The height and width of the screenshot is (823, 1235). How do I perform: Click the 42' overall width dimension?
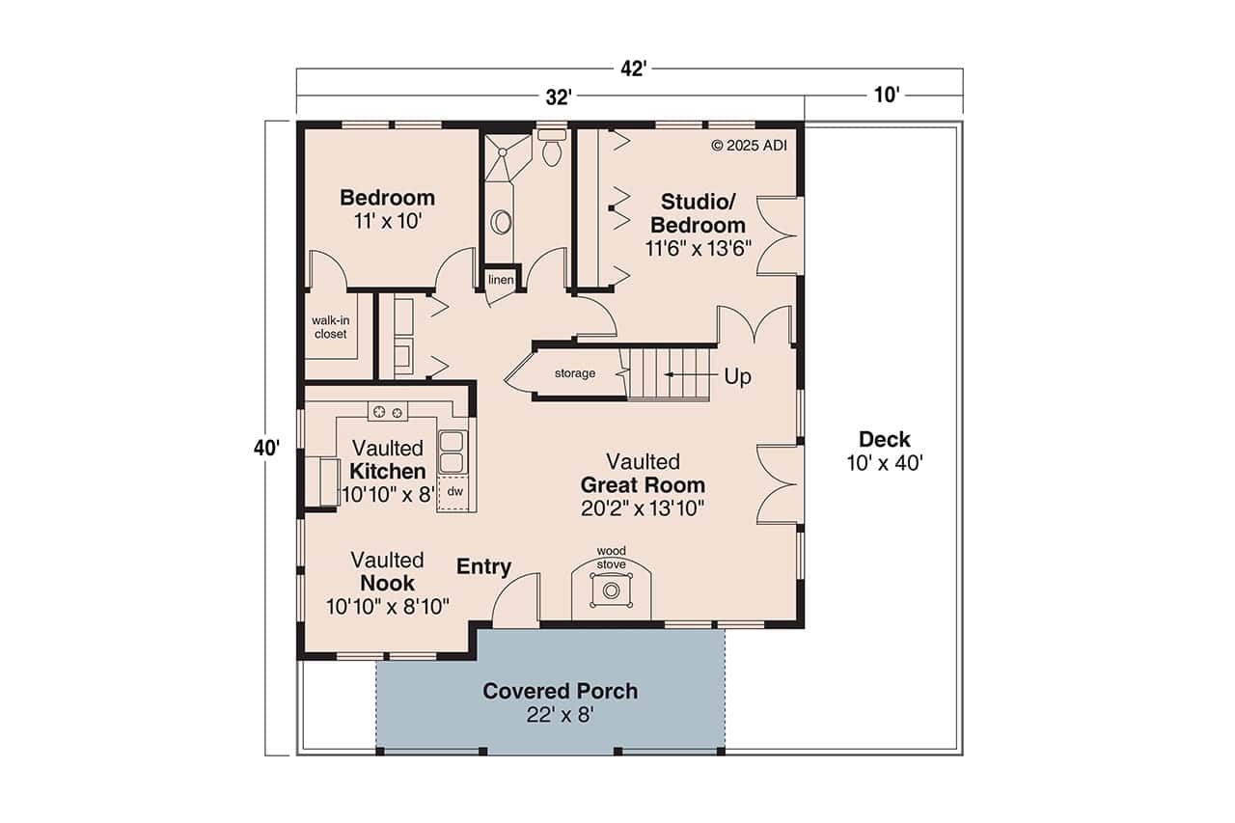point(633,69)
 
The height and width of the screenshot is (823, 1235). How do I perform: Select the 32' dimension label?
point(559,96)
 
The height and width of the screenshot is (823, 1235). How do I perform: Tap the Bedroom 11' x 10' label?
point(387,208)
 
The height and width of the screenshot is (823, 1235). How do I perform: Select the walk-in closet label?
point(329,327)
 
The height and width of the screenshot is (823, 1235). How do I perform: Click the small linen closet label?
point(500,280)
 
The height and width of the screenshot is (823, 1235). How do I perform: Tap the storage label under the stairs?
point(574,373)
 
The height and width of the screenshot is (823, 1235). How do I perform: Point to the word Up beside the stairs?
point(737,376)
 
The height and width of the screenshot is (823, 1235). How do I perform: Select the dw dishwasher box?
point(454,492)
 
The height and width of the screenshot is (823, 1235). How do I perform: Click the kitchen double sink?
point(452,452)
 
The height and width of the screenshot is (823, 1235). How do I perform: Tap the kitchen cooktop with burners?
point(387,412)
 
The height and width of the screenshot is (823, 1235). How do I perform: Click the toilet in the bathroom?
point(552,150)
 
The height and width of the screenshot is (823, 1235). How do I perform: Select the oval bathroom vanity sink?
point(502,223)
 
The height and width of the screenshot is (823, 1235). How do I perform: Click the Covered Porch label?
point(560,702)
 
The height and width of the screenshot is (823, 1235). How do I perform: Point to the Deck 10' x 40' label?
point(885,451)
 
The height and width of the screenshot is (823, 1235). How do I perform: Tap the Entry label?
point(483,567)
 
